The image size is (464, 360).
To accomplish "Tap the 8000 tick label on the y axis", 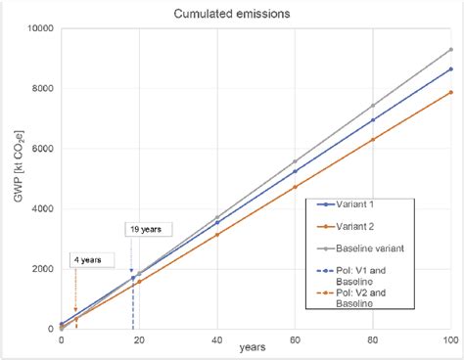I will [40, 88].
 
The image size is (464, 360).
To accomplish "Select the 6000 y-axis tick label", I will [40, 149].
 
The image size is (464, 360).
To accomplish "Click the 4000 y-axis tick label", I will [40, 208].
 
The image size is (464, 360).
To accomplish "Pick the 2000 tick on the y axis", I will [40, 269].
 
